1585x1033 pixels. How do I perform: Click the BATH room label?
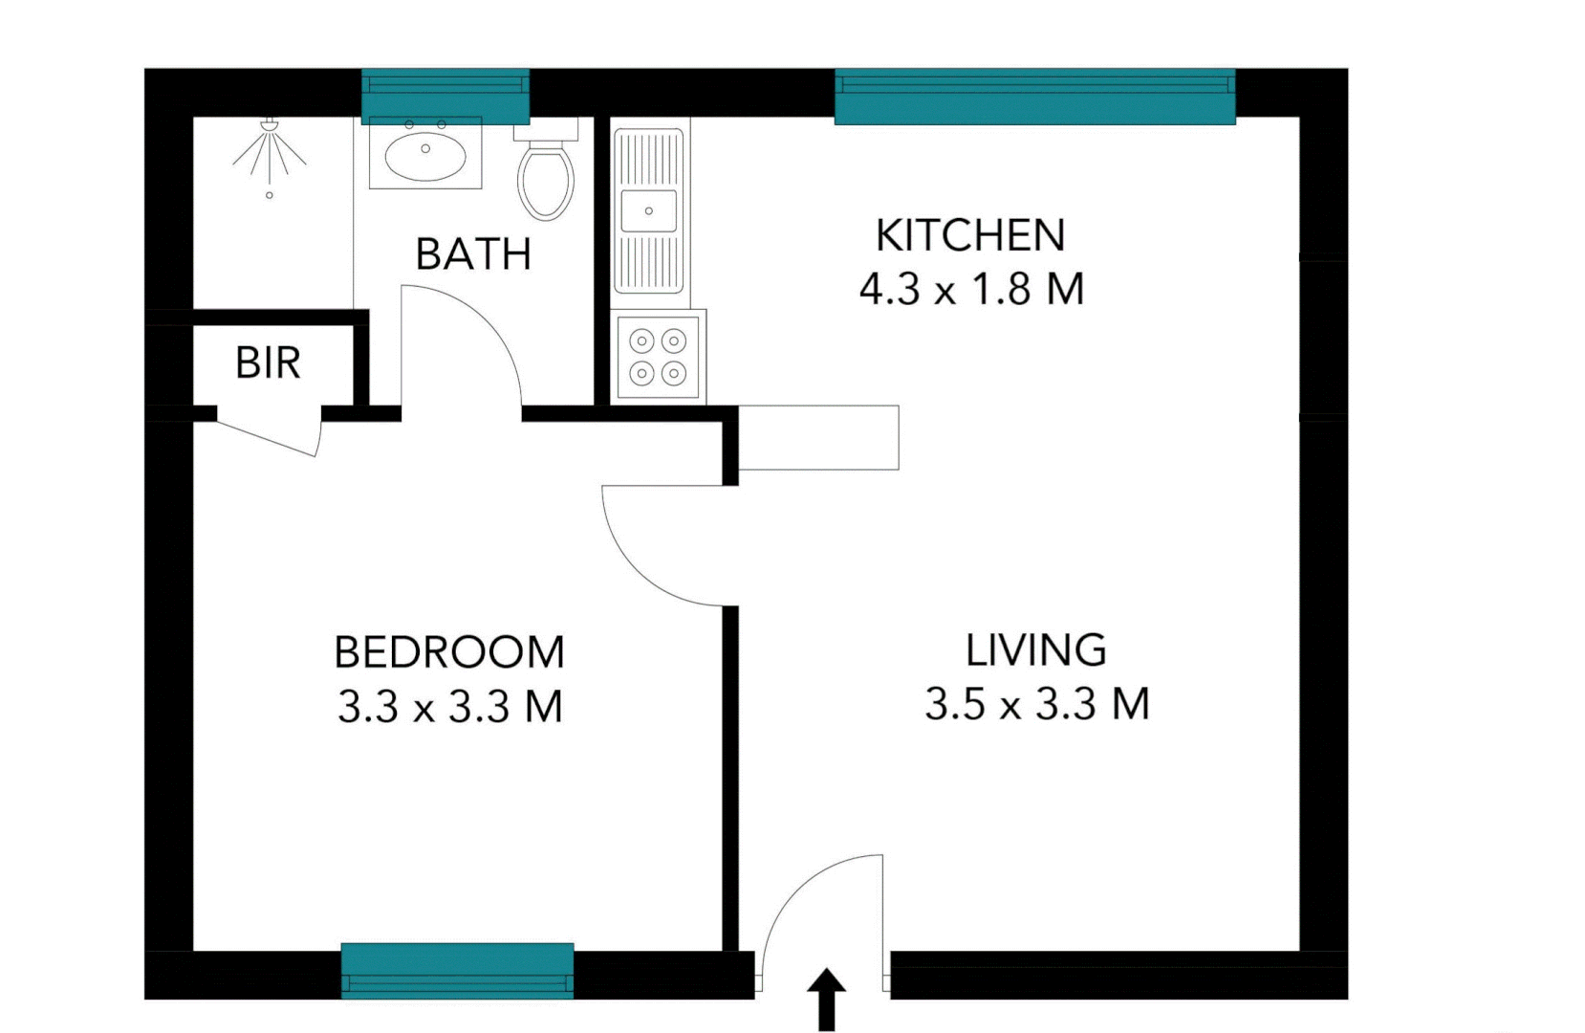(x=473, y=254)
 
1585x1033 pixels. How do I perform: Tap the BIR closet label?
(x=268, y=363)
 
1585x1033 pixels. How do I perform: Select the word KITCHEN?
(x=970, y=235)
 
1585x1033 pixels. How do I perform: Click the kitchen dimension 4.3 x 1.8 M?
(x=971, y=289)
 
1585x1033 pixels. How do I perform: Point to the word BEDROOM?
(x=449, y=652)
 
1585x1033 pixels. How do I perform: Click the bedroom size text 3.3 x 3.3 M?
(x=449, y=707)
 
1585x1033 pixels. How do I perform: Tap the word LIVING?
(x=1035, y=650)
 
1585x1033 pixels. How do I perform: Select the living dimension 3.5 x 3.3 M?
(x=1036, y=704)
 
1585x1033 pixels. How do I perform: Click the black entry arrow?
(x=827, y=999)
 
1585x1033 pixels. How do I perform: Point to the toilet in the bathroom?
(x=546, y=177)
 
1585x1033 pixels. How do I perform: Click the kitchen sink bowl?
(x=649, y=210)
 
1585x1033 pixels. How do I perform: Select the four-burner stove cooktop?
(x=658, y=357)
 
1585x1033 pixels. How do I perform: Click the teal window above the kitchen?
(x=1034, y=97)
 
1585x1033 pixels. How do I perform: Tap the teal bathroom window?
(x=445, y=96)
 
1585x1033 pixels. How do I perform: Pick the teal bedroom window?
(x=457, y=971)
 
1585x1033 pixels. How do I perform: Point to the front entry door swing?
(x=822, y=909)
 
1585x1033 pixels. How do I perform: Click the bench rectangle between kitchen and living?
(x=818, y=438)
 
